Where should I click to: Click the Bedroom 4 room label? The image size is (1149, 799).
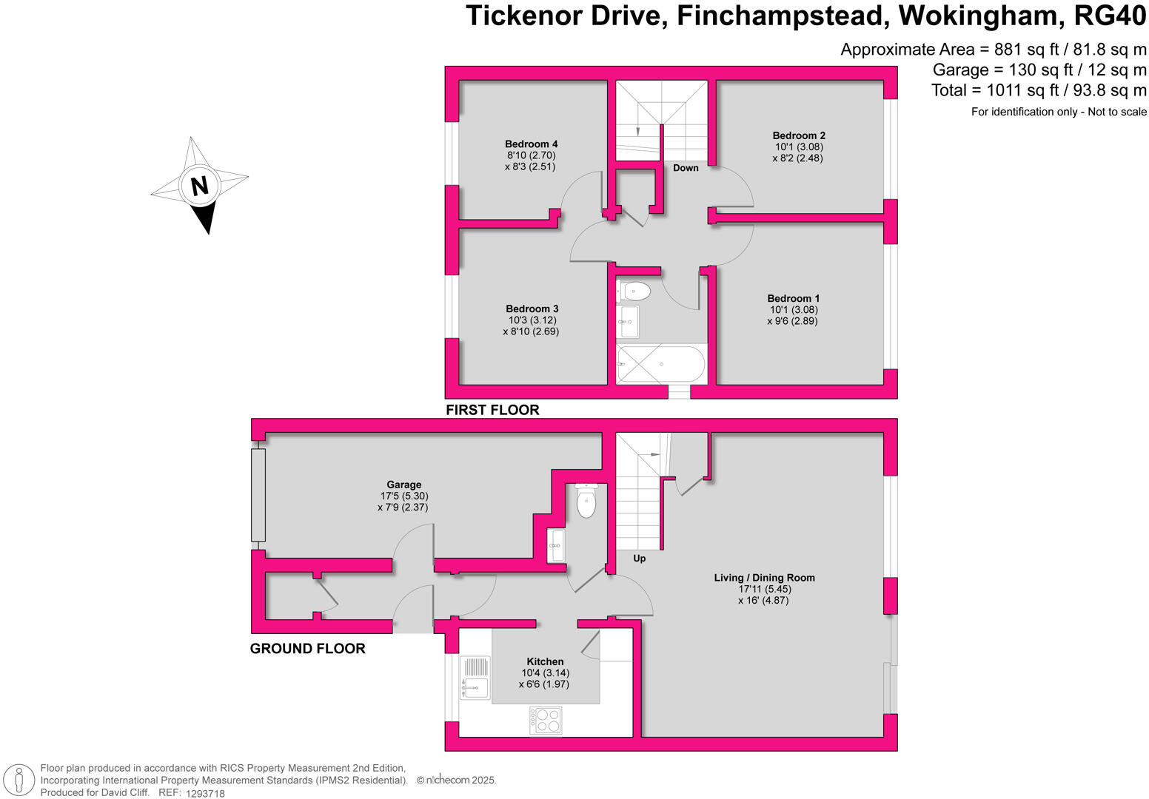click(x=531, y=144)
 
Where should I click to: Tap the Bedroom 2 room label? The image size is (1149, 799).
click(x=799, y=135)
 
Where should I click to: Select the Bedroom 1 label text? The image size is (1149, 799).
click(x=793, y=299)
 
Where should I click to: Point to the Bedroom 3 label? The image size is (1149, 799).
click(x=532, y=309)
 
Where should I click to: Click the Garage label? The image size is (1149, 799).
click(x=403, y=485)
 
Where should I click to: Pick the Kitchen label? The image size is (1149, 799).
click(x=545, y=662)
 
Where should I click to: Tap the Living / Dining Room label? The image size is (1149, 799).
click(x=764, y=578)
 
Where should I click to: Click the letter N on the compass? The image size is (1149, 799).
click(x=199, y=185)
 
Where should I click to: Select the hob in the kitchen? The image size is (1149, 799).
click(x=546, y=721)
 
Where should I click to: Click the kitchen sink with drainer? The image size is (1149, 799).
click(x=475, y=678)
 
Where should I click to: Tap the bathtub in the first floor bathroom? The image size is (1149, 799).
click(x=660, y=364)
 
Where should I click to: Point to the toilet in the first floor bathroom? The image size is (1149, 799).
click(x=634, y=291)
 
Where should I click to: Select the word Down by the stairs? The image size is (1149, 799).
click(x=686, y=168)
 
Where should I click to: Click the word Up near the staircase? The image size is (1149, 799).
click(x=639, y=559)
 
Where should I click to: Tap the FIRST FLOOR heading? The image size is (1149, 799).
click(x=492, y=410)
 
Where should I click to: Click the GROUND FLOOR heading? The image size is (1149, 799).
click(x=307, y=649)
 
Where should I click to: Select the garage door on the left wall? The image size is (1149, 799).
click(x=258, y=495)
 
